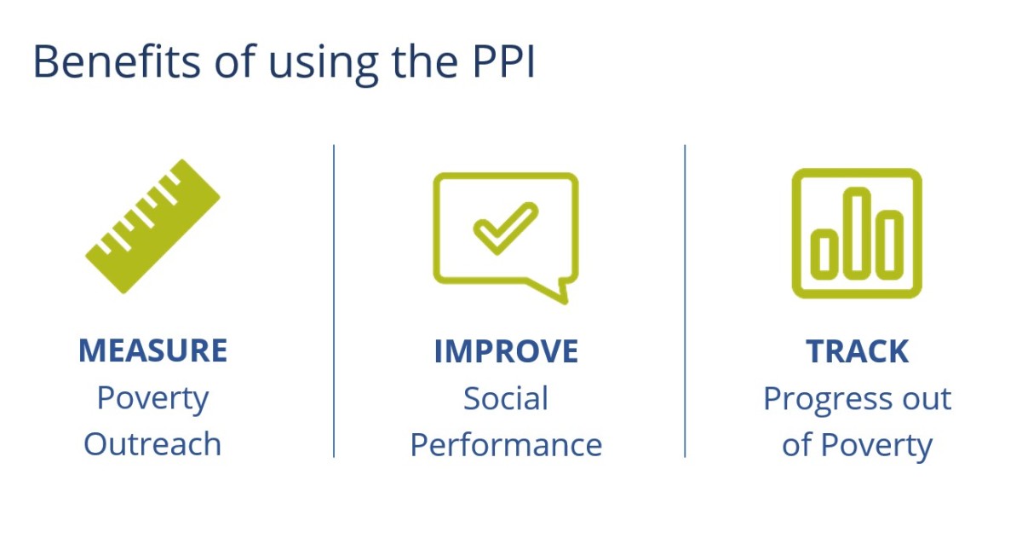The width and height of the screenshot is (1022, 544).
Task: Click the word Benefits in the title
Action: (x=117, y=61)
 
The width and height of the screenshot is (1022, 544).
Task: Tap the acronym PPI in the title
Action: (x=503, y=61)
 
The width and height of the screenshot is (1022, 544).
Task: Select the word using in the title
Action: (x=324, y=65)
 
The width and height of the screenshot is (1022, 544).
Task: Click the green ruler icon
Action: (x=152, y=226)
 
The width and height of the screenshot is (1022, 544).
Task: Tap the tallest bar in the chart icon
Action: (x=857, y=233)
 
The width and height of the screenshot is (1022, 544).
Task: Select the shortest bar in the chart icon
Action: (x=824, y=254)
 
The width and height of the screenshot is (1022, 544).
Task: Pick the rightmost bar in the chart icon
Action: (x=889, y=245)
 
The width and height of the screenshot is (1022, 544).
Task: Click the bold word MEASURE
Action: (x=152, y=350)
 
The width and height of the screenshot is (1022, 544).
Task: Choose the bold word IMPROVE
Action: (x=506, y=351)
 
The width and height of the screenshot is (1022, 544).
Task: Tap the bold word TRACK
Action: (x=858, y=351)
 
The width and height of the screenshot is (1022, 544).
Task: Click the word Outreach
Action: (x=152, y=444)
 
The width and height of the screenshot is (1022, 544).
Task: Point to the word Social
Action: (x=506, y=398)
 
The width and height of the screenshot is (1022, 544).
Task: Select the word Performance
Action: (x=506, y=445)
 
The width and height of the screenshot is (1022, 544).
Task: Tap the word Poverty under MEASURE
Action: (x=152, y=400)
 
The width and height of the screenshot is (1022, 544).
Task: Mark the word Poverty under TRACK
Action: (x=876, y=447)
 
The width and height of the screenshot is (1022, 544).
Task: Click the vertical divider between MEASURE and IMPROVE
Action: (x=334, y=301)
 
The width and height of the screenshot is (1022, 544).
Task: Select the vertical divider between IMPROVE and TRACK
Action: (x=685, y=301)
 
